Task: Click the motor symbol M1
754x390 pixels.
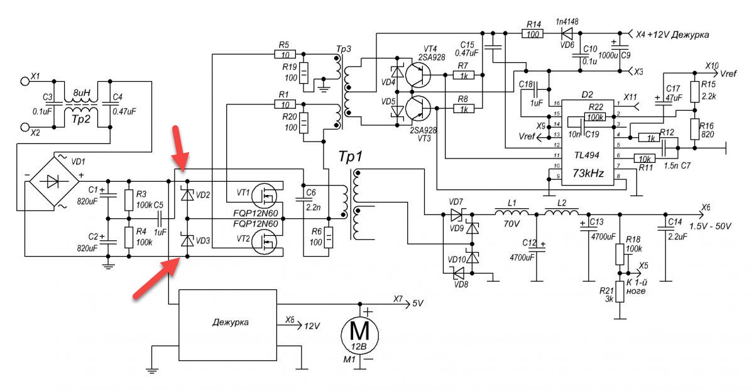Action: tap(359, 335)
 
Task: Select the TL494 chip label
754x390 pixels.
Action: tap(587, 155)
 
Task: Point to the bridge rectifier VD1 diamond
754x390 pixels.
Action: tap(54, 181)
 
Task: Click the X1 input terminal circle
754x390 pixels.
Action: tap(25, 81)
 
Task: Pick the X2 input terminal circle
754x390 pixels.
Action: tap(25, 127)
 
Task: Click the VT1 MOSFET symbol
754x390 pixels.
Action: tap(265, 196)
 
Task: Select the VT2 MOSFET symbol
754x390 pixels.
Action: tap(265, 242)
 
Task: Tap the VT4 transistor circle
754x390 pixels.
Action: tap(418, 75)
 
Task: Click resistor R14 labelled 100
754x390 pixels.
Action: tap(533, 33)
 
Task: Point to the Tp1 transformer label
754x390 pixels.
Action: tap(351, 157)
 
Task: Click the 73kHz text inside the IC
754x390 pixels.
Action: tap(588, 173)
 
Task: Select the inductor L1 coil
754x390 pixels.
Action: tap(511, 212)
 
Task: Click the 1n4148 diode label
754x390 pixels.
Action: tap(567, 21)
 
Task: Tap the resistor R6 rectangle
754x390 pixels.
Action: tap(328, 238)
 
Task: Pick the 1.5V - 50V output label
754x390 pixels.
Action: tap(710, 226)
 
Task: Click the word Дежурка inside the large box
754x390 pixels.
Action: tap(231, 322)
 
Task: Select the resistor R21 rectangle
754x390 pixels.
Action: tap(620, 292)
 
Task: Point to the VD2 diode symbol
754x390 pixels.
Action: tap(187, 195)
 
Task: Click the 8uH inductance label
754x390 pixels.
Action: tap(82, 92)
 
